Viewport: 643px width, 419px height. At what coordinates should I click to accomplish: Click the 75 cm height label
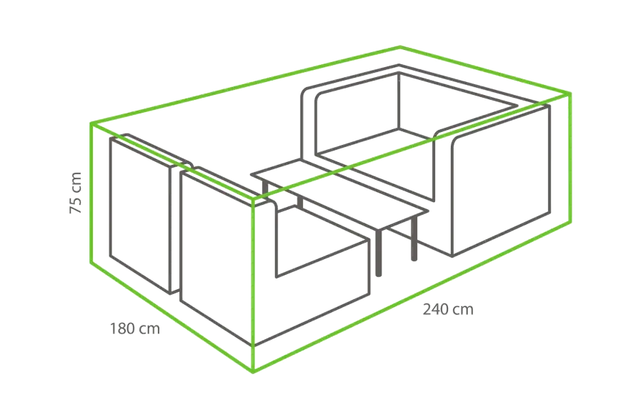(x=76, y=193)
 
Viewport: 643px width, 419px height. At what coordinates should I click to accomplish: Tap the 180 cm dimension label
(x=134, y=328)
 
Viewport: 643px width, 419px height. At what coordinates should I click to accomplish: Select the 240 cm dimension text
(x=448, y=309)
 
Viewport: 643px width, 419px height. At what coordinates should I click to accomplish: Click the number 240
(x=437, y=309)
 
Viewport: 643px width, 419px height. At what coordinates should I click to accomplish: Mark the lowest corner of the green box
(x=253, y=372)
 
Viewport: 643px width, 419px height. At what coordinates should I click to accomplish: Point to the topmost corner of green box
(x=400, y=46)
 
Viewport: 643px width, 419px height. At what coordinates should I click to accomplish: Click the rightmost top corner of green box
(x=570, y=94)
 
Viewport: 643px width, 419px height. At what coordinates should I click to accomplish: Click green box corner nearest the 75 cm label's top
(x=91, y=123)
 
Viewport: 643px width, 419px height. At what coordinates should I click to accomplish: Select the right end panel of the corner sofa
(x=500, y=180)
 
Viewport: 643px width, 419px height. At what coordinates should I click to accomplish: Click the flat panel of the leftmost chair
(x=140, y=215)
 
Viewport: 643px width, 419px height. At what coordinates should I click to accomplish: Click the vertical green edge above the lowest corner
(x=253, y=286)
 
